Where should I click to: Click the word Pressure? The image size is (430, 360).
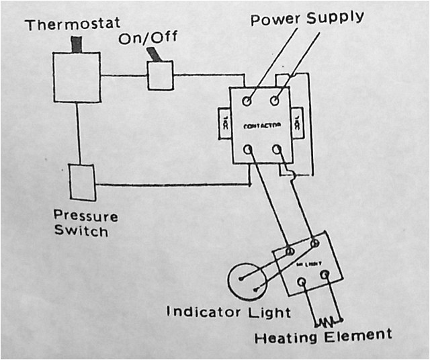86,217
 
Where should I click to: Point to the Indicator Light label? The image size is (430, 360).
228,312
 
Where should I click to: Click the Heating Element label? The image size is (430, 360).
322,334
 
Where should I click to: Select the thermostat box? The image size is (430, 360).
77,77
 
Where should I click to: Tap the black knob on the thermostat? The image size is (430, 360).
76,44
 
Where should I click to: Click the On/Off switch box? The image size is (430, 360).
161,75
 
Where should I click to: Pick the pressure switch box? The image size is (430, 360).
83,181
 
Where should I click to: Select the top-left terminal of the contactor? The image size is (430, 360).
247,101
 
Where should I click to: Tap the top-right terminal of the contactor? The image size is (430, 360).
275,101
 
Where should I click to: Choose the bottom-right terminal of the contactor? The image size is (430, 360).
275,149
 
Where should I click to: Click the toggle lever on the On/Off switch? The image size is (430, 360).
156,54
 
